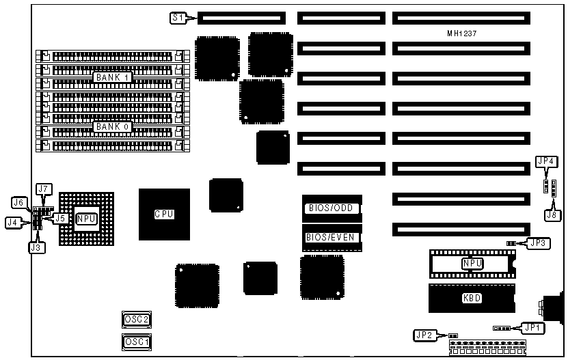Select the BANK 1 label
coord(112,78)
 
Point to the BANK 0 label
coord(112,127)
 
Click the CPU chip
coord(164,214)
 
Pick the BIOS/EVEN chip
coord(332,238)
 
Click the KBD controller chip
coord(472,299)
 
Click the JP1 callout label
coord(533,327)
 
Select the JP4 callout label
coord(546,161)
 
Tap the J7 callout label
coord(44,189)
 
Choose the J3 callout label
coord(36,247)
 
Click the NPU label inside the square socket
coord(86,219)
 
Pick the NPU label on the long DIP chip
coord(472,263)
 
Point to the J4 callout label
coord(12,221)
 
